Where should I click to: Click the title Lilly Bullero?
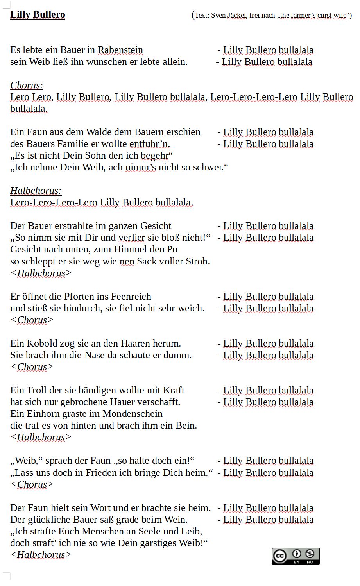click(38, 15)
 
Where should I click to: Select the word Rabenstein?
click(120, 50)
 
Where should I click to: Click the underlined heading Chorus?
click(27, 86)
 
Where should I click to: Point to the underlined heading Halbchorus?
click(36, 191)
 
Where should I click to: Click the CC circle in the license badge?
click(279, 556)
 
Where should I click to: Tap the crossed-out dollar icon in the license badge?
click(310, 554)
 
